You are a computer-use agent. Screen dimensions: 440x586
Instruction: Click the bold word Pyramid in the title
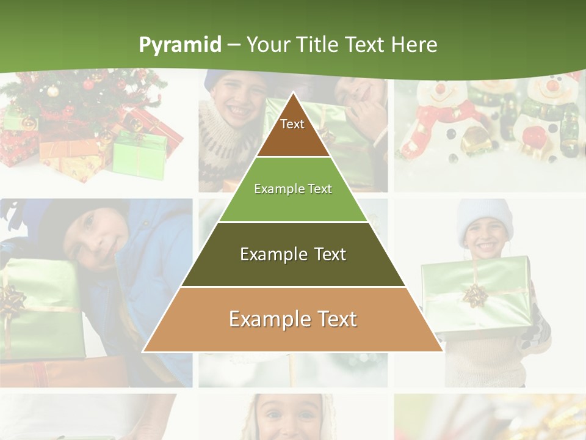[179, 45]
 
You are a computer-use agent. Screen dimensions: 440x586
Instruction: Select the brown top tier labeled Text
[292, 128]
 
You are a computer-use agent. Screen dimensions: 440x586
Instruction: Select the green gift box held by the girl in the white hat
[476, 293]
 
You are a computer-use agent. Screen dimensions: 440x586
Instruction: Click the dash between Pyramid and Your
[234, 45]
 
